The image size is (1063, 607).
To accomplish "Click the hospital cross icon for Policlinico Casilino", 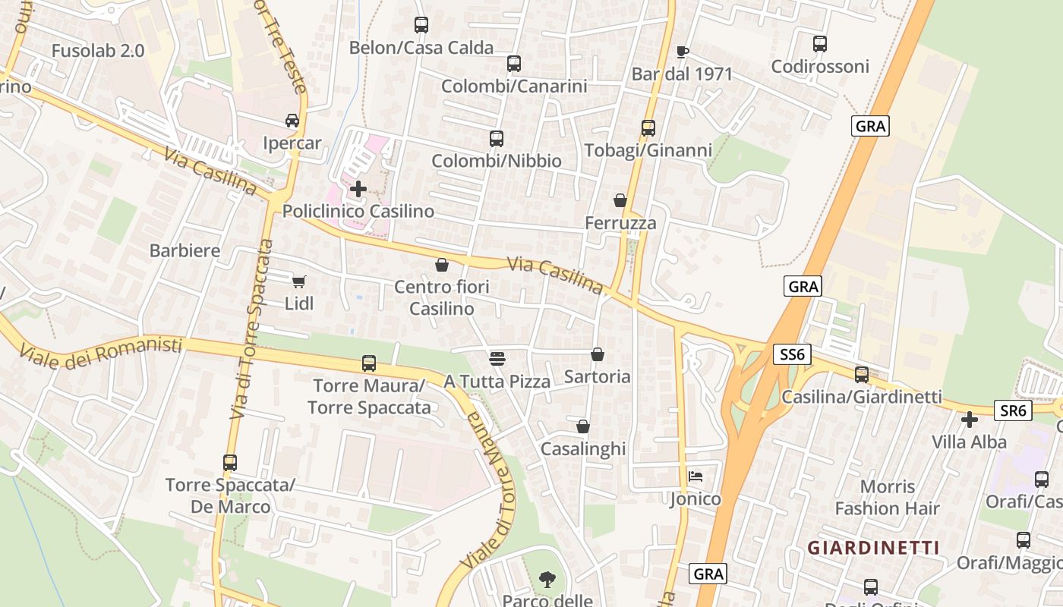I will click(x=358, y=188).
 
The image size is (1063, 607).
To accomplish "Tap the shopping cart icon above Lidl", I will click(x=299, y=281).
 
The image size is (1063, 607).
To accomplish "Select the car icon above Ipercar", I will click(x=292, y=121).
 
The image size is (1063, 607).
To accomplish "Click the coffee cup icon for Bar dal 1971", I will click(x=682, y=52).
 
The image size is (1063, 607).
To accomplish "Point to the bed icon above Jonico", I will click(x=696, y=476).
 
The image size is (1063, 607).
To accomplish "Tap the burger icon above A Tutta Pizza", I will click(x=497, y=357).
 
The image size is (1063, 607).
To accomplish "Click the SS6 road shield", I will click(x=793, y=354).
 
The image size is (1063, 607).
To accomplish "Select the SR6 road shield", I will click(x=1014, y=410).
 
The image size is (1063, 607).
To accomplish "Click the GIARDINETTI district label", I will click(x=873, y=547).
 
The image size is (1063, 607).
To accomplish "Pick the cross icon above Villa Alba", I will click(x=969, y=419).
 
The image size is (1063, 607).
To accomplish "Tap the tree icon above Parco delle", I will click(x=547, y=580).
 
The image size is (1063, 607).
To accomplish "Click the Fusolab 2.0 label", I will click(x=98, y=51).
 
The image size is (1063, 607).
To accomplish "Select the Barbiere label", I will click(x=185, y=250).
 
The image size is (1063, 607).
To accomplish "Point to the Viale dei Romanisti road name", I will click(x=101, y=350).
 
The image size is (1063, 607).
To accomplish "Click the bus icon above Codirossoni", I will click(x=819, y=44).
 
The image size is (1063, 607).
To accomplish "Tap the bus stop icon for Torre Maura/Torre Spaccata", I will click(x=369, y=363).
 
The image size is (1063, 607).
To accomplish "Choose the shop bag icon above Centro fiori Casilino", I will click(x=442, y=265).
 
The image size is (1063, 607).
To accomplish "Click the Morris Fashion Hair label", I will click(x=888, y=497).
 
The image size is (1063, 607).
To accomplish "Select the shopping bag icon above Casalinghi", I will click(x=583, y=426).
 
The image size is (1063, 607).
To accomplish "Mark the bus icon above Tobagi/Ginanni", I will click(x=648, y=127).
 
